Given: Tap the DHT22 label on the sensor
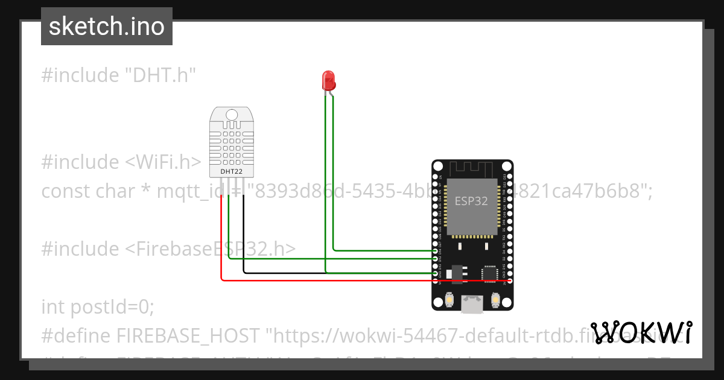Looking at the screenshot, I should pyautogui.click(x=232, y=171).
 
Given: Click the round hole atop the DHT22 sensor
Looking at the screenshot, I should pyautogui.click(x=232, y=114).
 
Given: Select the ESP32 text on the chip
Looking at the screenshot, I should pyautogui.click(x=471, y=201).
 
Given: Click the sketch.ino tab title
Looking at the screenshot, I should pyautogui.click(x=107, y=27).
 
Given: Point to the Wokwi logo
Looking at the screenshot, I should pyautogui.click(x=641, y=332).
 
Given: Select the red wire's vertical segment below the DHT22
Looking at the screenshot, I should pyautogui.click(x=221, y=235).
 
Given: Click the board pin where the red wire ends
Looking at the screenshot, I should pyautogui.click(x=510, y=281).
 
